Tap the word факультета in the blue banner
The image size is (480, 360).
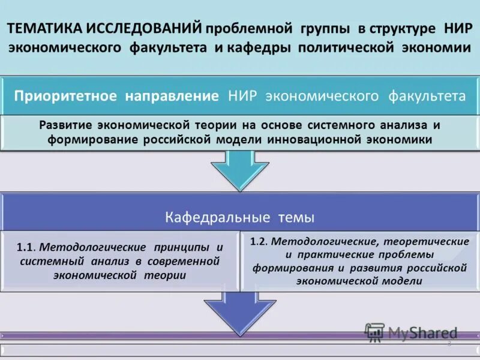pos(427,96)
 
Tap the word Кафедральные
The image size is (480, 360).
pos(219,217)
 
